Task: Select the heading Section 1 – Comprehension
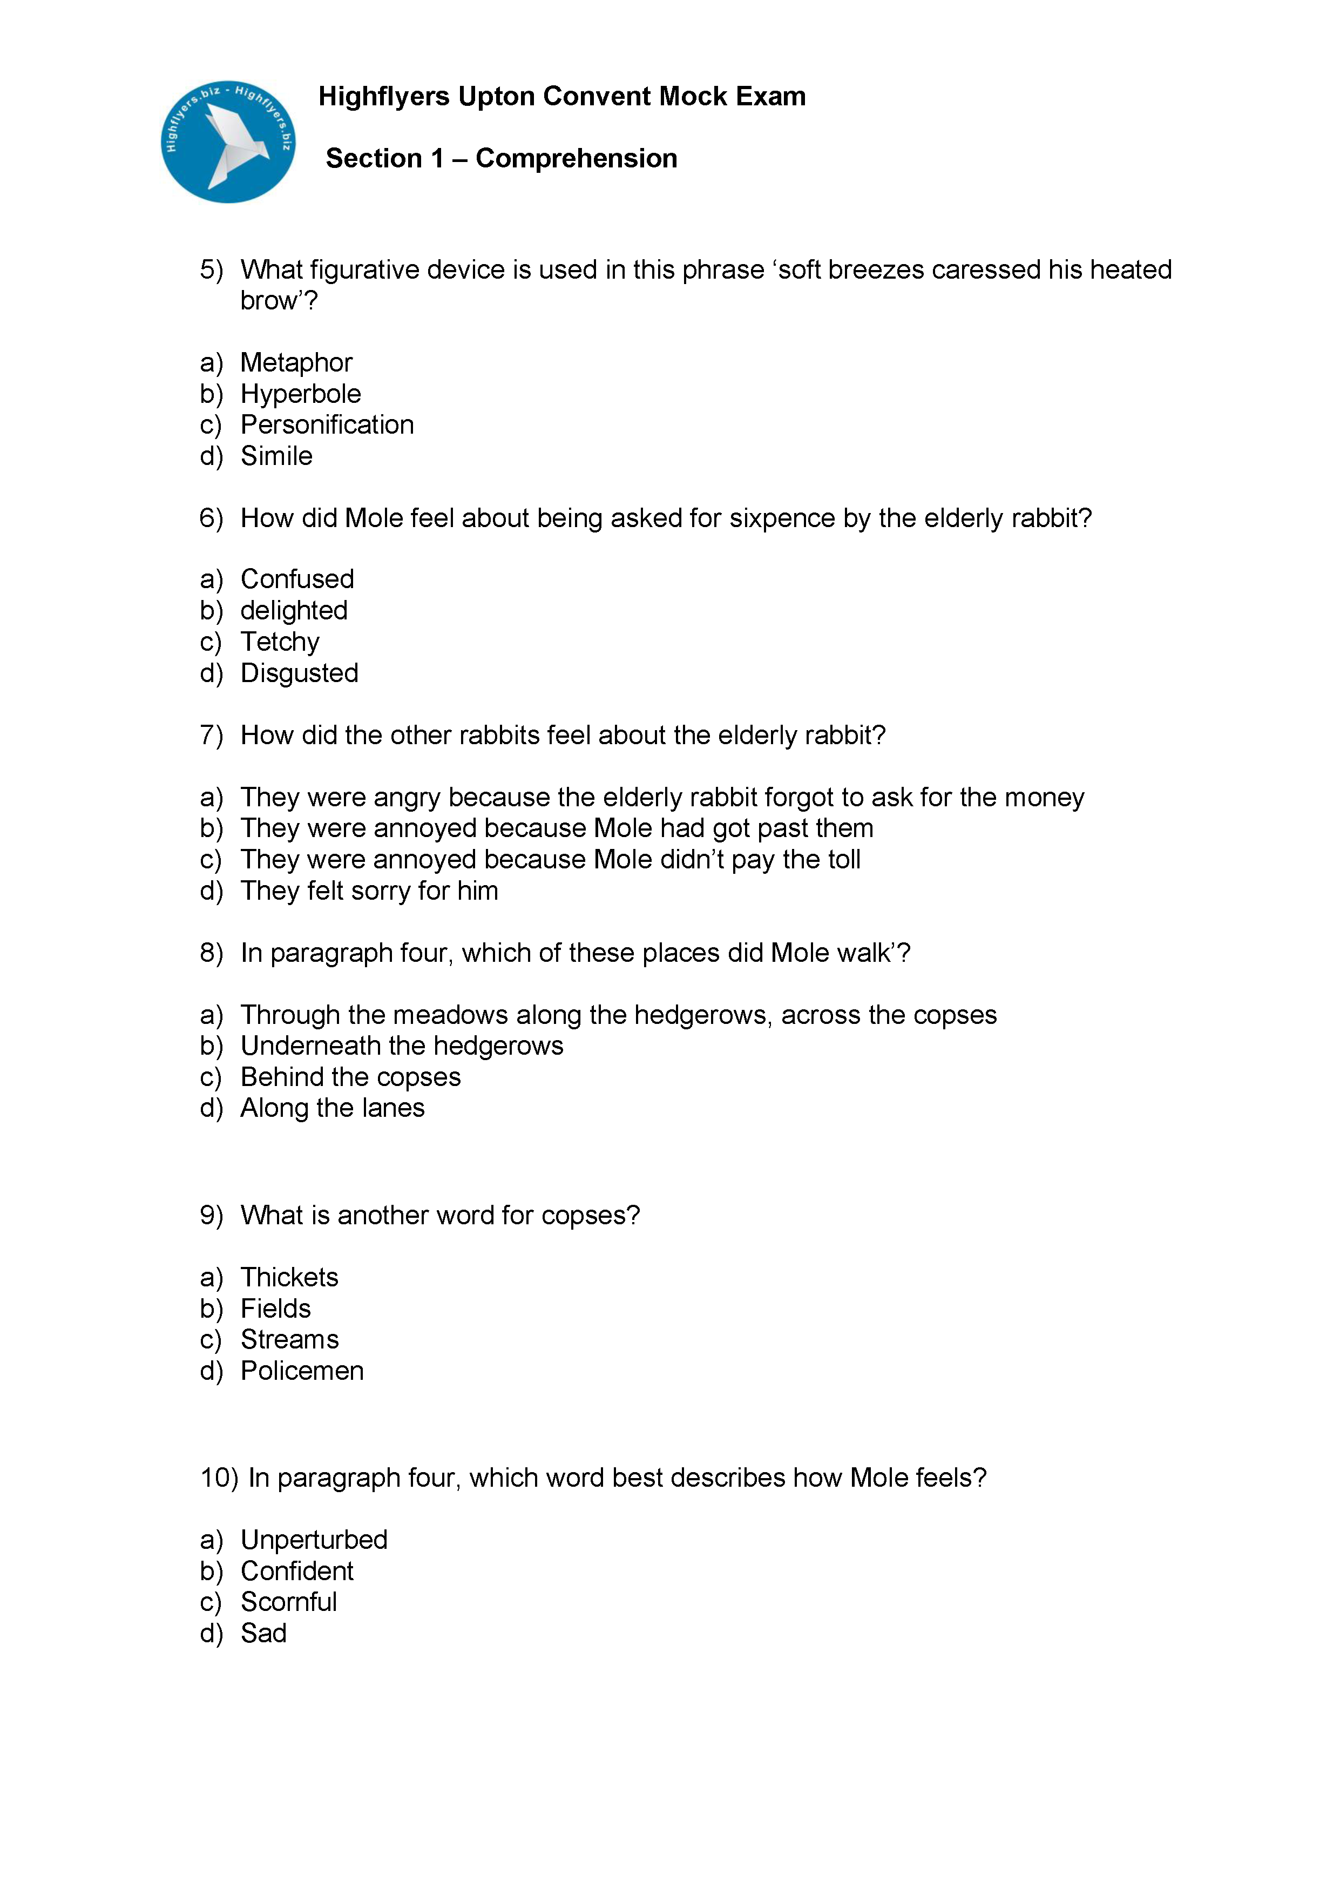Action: [501, 158]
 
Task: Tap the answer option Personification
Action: [327, 424]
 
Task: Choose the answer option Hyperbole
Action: [300, 394]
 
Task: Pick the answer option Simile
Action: [276, 456]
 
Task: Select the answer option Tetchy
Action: [280, 641]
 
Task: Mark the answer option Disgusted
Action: [299, 673]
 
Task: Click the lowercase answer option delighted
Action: [294, 610]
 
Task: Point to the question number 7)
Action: [211, 734]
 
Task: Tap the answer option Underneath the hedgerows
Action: [402, 1046]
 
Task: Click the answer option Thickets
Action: [289, 1277]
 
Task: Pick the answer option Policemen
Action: [302, 1370]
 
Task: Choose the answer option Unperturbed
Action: [314, 1539]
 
